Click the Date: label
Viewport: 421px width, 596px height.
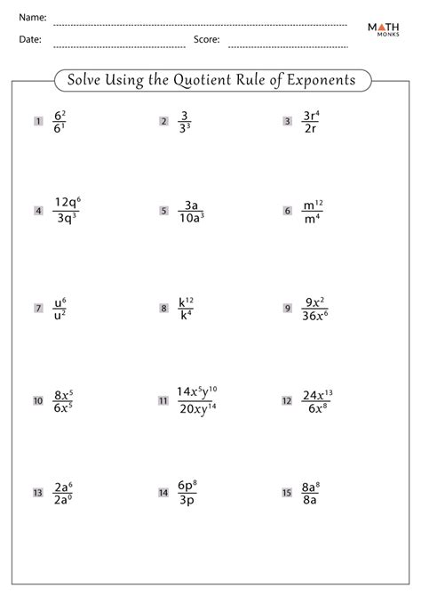29,40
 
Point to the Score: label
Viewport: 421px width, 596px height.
207,40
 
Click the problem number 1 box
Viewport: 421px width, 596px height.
38,121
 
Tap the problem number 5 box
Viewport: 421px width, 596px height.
164,211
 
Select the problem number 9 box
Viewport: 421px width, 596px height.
288,309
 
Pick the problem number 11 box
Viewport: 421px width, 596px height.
163,401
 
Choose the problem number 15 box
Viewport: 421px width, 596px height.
288,492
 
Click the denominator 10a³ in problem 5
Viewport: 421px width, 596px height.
190,219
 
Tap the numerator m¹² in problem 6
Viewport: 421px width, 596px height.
313,203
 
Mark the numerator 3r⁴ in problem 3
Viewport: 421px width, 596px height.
311,114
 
